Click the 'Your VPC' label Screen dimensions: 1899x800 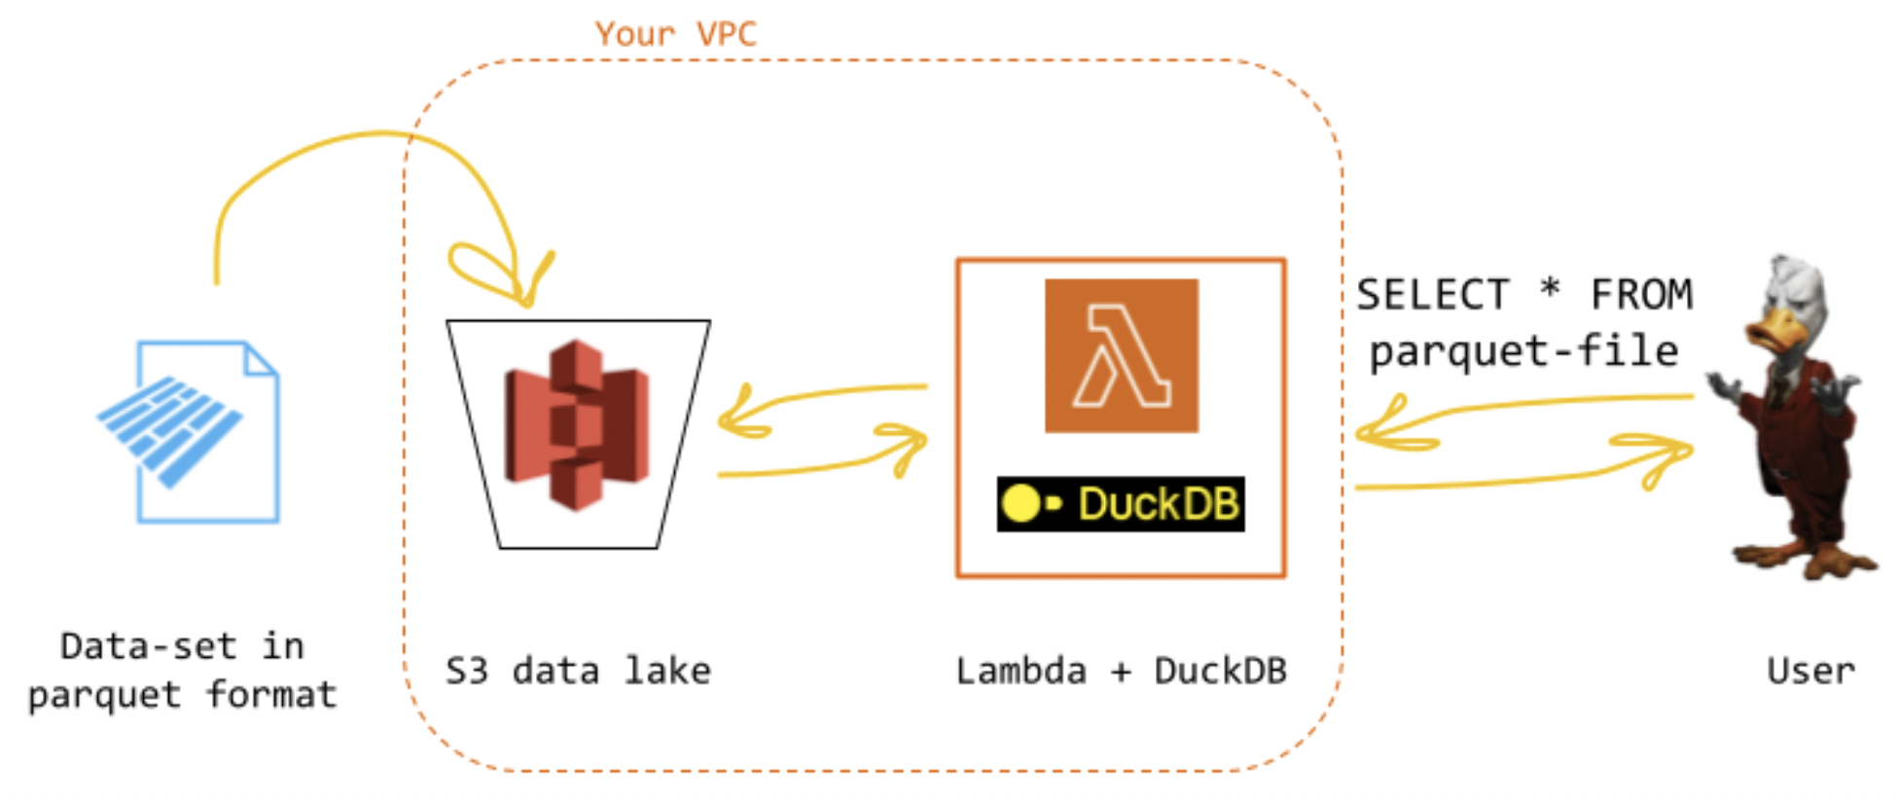[676, 34]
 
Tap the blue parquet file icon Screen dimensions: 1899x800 [189, 431]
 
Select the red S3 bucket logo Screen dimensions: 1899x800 [577, 424]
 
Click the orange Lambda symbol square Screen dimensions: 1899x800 [1122, 355]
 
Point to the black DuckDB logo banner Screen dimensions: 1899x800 [1121, 504]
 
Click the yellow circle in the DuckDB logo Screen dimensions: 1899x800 [1021, 503]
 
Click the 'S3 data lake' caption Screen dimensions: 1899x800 [578, 671]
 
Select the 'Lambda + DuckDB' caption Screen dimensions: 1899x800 [1122, 671]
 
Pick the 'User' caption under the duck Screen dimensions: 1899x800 [1810, 671]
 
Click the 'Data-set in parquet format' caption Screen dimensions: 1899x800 [182, 670]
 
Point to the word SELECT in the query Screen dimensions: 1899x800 [1433, 294]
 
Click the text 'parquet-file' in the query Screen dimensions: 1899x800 [1523, 351]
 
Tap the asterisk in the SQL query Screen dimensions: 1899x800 [1550, 288]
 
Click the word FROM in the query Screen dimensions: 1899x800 [1641, 294]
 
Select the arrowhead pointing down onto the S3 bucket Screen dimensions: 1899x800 [520, 282]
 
